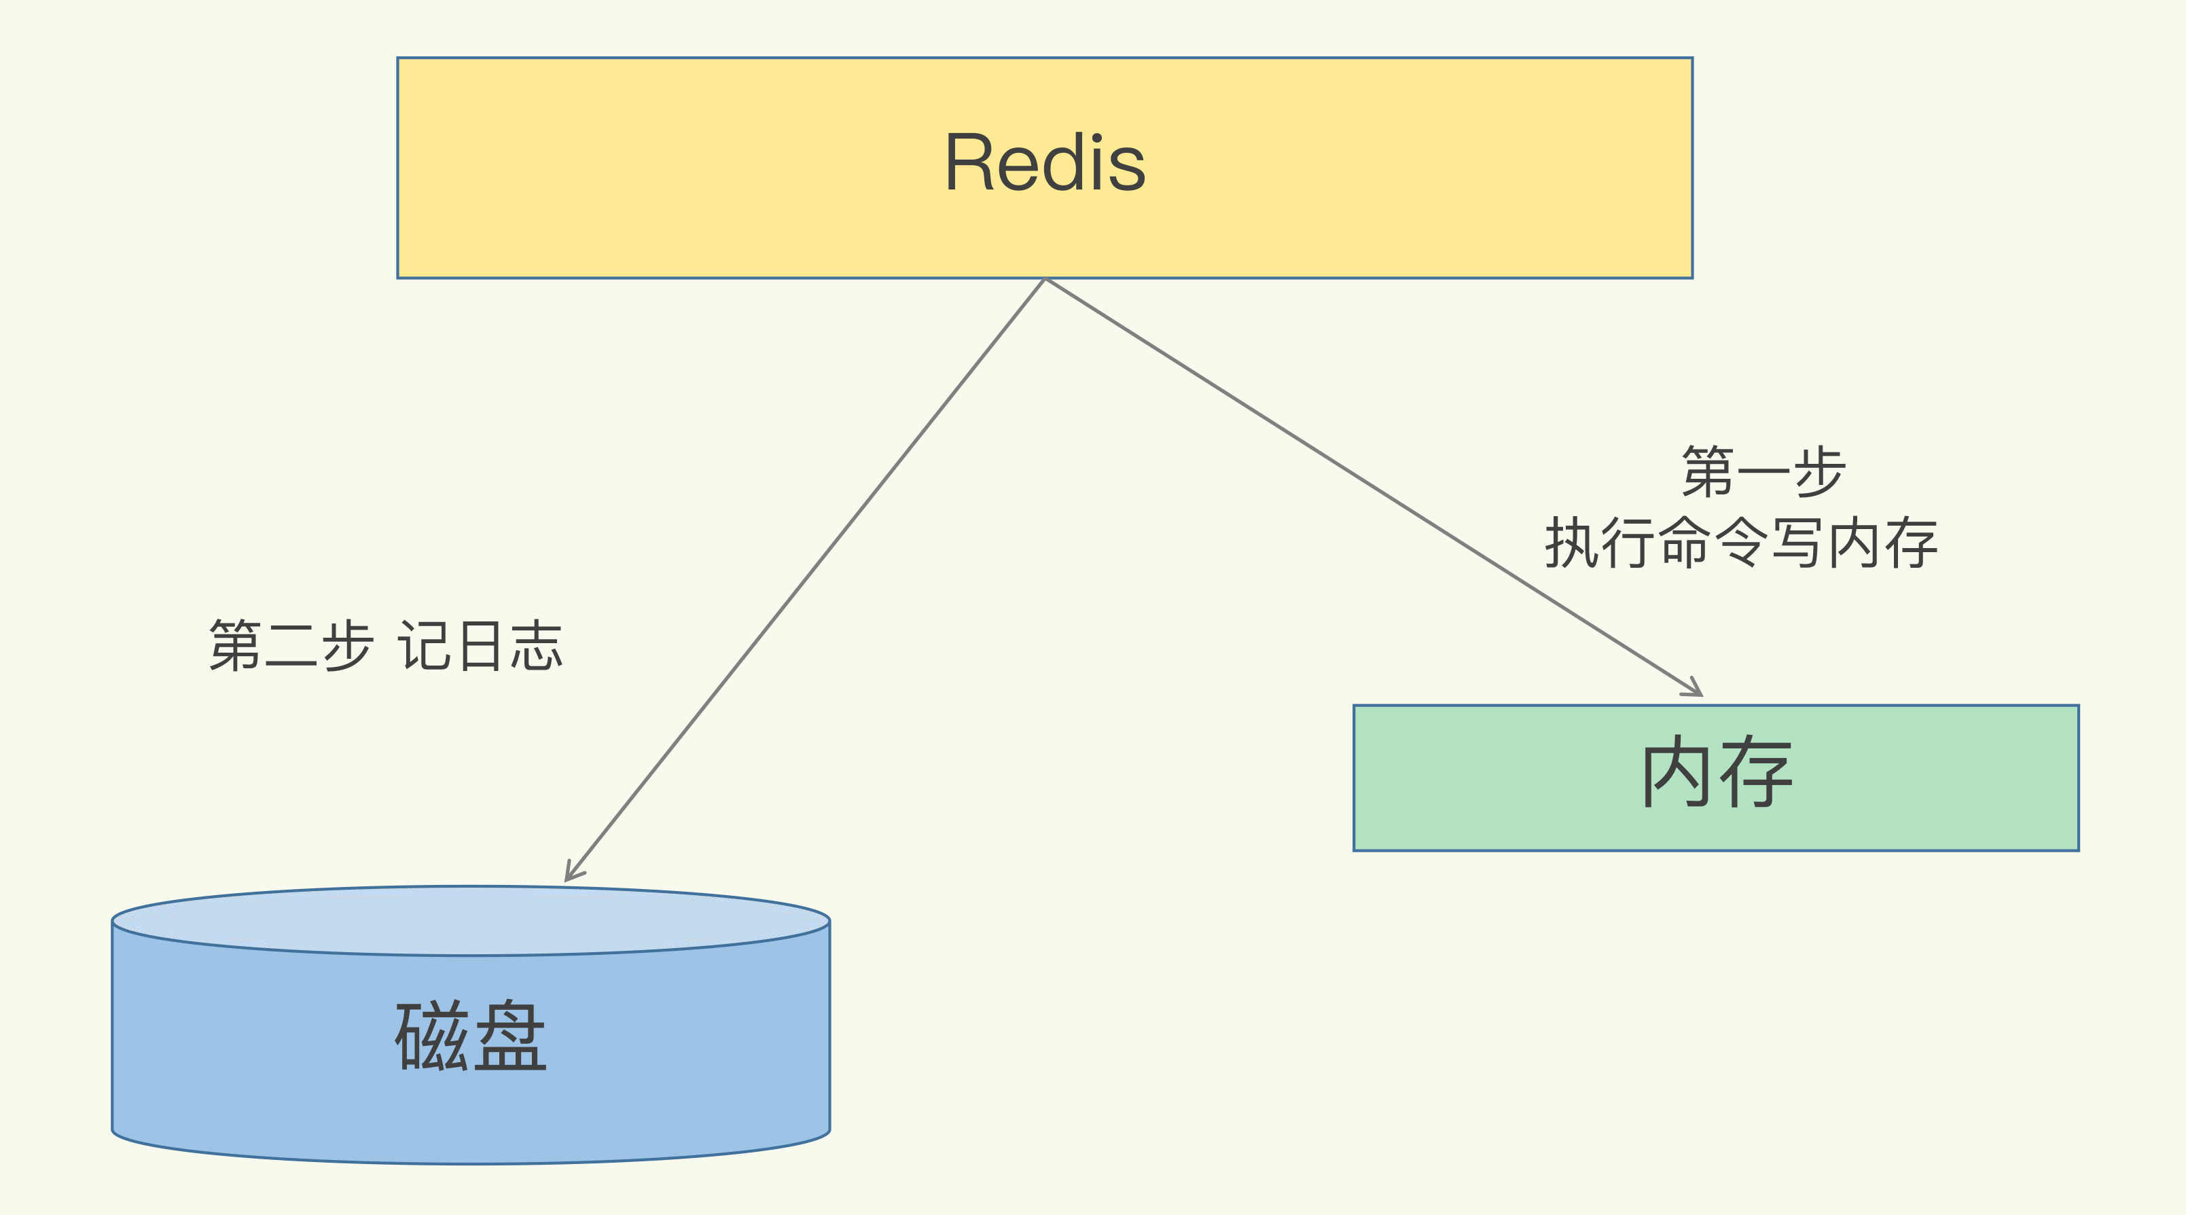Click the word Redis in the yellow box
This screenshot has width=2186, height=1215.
pyautogui.click(x=1045, y=163)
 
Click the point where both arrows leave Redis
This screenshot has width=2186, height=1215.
pyautogui.click(x=1045, y=279)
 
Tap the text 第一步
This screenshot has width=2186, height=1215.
pyautogui.click(x=1763, y=472)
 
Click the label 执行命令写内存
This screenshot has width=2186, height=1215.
pyautogui.click(x=1741, y=543)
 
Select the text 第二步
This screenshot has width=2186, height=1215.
pyautogui.click(x=291, y=647)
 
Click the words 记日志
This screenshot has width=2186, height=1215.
pyautogui.click(x=480, y=647)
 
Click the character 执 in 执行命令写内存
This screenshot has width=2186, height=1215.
pyautogui.click(x=1573, y=543)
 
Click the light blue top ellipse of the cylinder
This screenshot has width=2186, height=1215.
pyautogui.click(x=471, y=920)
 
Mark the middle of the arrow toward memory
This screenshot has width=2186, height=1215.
pyautogui.click(x=1372, y=487)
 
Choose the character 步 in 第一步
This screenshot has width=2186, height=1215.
pyautogui.click(x=1818, y=472)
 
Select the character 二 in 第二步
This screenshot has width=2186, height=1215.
pyautogui.click(x=291, y=647)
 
